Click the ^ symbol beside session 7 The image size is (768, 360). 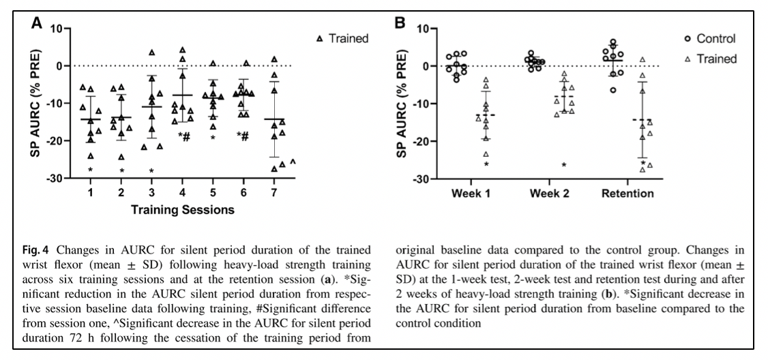pos(293,162)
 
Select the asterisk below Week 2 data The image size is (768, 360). pos(564,165)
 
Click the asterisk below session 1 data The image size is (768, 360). pos(91,169)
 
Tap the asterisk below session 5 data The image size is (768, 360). pos(214,137)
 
